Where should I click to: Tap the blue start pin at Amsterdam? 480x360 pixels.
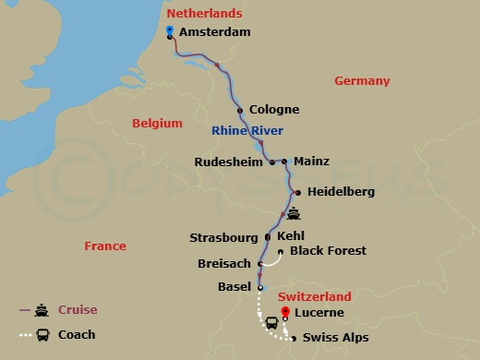pos(170,31)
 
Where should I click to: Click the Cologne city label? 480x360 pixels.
pos(274,110)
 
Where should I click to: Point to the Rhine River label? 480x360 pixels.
pos(247,130)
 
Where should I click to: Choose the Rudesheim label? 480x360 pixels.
pos(228,162)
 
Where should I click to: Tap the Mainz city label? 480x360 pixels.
pos(311,162)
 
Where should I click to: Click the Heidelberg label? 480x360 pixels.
pos(340,192)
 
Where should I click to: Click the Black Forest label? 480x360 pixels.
pos(328,251)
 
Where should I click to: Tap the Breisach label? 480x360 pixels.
pos(224,264)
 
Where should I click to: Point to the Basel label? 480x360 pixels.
pos(234,287)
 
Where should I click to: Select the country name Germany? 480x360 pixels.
pos(362,81)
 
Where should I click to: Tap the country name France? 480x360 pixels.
pos(104,247)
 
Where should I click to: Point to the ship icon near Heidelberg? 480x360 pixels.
pos(294,214)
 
